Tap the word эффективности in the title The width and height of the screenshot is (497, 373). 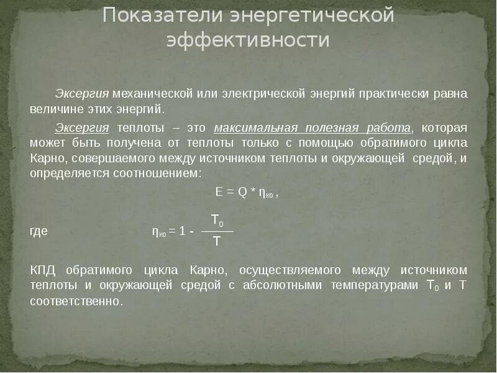tap(248, 40)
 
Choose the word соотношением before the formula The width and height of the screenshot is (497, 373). tap(159, 172)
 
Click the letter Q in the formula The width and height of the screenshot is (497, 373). tap(243, 193)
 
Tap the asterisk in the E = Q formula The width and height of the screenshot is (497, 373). tap(253, 193)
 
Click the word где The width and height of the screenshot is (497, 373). tap(39, 231)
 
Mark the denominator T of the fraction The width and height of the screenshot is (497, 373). tap(216, 241)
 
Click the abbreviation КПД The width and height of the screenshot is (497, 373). tap(42, 271)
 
